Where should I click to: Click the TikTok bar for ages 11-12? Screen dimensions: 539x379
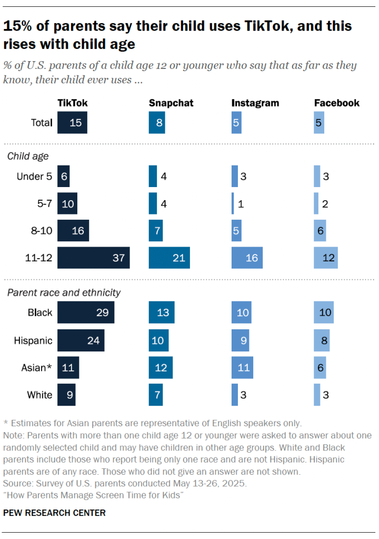(x=93, y=258)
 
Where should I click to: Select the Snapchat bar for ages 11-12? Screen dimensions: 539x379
(x=169, y=258)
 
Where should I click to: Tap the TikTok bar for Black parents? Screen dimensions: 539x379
(x=85, y=312)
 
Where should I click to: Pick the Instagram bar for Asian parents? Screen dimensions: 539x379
(x=242, y=367)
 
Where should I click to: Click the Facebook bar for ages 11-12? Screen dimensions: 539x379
(x=326, y=258)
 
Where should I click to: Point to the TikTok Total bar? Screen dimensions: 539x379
(x=72, y=123)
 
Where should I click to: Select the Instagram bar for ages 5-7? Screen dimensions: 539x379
(x=233, y=203)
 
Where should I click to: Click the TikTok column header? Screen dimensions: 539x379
(x=73, y=103)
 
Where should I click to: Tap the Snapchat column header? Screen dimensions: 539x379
(x=171, y=103)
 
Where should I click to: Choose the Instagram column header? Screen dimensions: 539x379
(x=255, y=103)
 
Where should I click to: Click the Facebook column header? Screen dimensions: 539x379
(x=337, y=103)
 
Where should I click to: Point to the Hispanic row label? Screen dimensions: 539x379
(x=33, y=340)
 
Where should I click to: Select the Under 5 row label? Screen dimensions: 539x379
(x=34, y=177)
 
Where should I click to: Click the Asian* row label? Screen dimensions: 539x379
(x=36, y=368)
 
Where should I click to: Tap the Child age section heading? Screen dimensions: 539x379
(x=27, y=156)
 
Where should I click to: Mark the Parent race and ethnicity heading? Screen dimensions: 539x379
(x=64, y=292)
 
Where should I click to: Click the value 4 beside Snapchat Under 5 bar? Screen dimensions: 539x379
(x=164, y=177)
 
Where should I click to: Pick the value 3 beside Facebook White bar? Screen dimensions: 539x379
(x=326, y=395)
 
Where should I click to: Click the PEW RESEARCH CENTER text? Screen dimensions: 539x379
(x=55, y=513)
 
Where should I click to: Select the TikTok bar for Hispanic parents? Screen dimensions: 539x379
(x=81, y=340)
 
